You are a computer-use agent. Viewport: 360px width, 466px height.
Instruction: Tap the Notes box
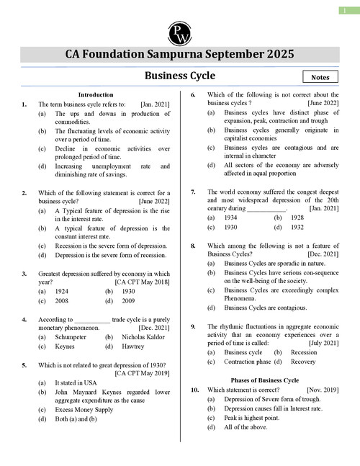click(321, 76)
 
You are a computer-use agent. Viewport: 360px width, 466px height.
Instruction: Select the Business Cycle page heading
click(180, 75)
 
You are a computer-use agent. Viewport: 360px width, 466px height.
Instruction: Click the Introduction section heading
click(96, 94)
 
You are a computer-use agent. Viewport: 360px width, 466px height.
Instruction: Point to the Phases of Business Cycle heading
click(264, 380)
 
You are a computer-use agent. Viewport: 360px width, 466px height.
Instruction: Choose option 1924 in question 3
click(63, 292)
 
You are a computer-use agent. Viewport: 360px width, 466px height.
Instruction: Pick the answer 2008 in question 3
click(63, 302)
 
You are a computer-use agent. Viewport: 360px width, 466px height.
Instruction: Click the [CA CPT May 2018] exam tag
click(143, 283)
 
